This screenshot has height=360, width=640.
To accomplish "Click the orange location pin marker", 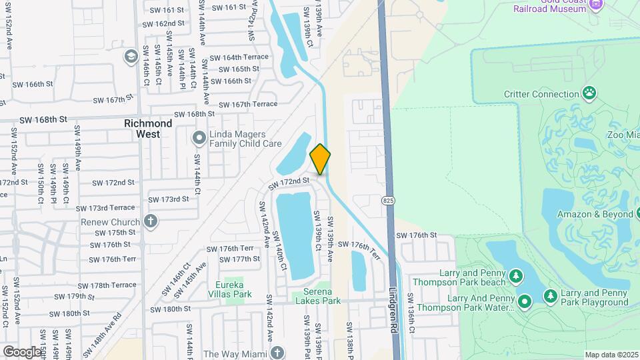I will (320, 159).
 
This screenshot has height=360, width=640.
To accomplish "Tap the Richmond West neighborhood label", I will (148, 129).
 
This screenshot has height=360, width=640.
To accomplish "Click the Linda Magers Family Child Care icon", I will (199, 138).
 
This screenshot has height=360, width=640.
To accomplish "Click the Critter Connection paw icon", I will (589, 93).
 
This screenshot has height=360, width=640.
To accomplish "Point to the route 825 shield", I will (388, 200).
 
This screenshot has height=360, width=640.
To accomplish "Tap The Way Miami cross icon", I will (277, 353).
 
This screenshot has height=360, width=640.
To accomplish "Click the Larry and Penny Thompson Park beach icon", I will (515, 276).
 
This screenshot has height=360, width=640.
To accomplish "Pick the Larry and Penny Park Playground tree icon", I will (550, 295).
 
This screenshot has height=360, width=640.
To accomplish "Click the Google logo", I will (22, 351).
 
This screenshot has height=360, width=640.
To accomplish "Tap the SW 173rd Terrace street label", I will (106, 208).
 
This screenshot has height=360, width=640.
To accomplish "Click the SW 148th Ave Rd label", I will (107, 330).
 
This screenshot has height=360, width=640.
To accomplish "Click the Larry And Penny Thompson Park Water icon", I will (525, 302).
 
